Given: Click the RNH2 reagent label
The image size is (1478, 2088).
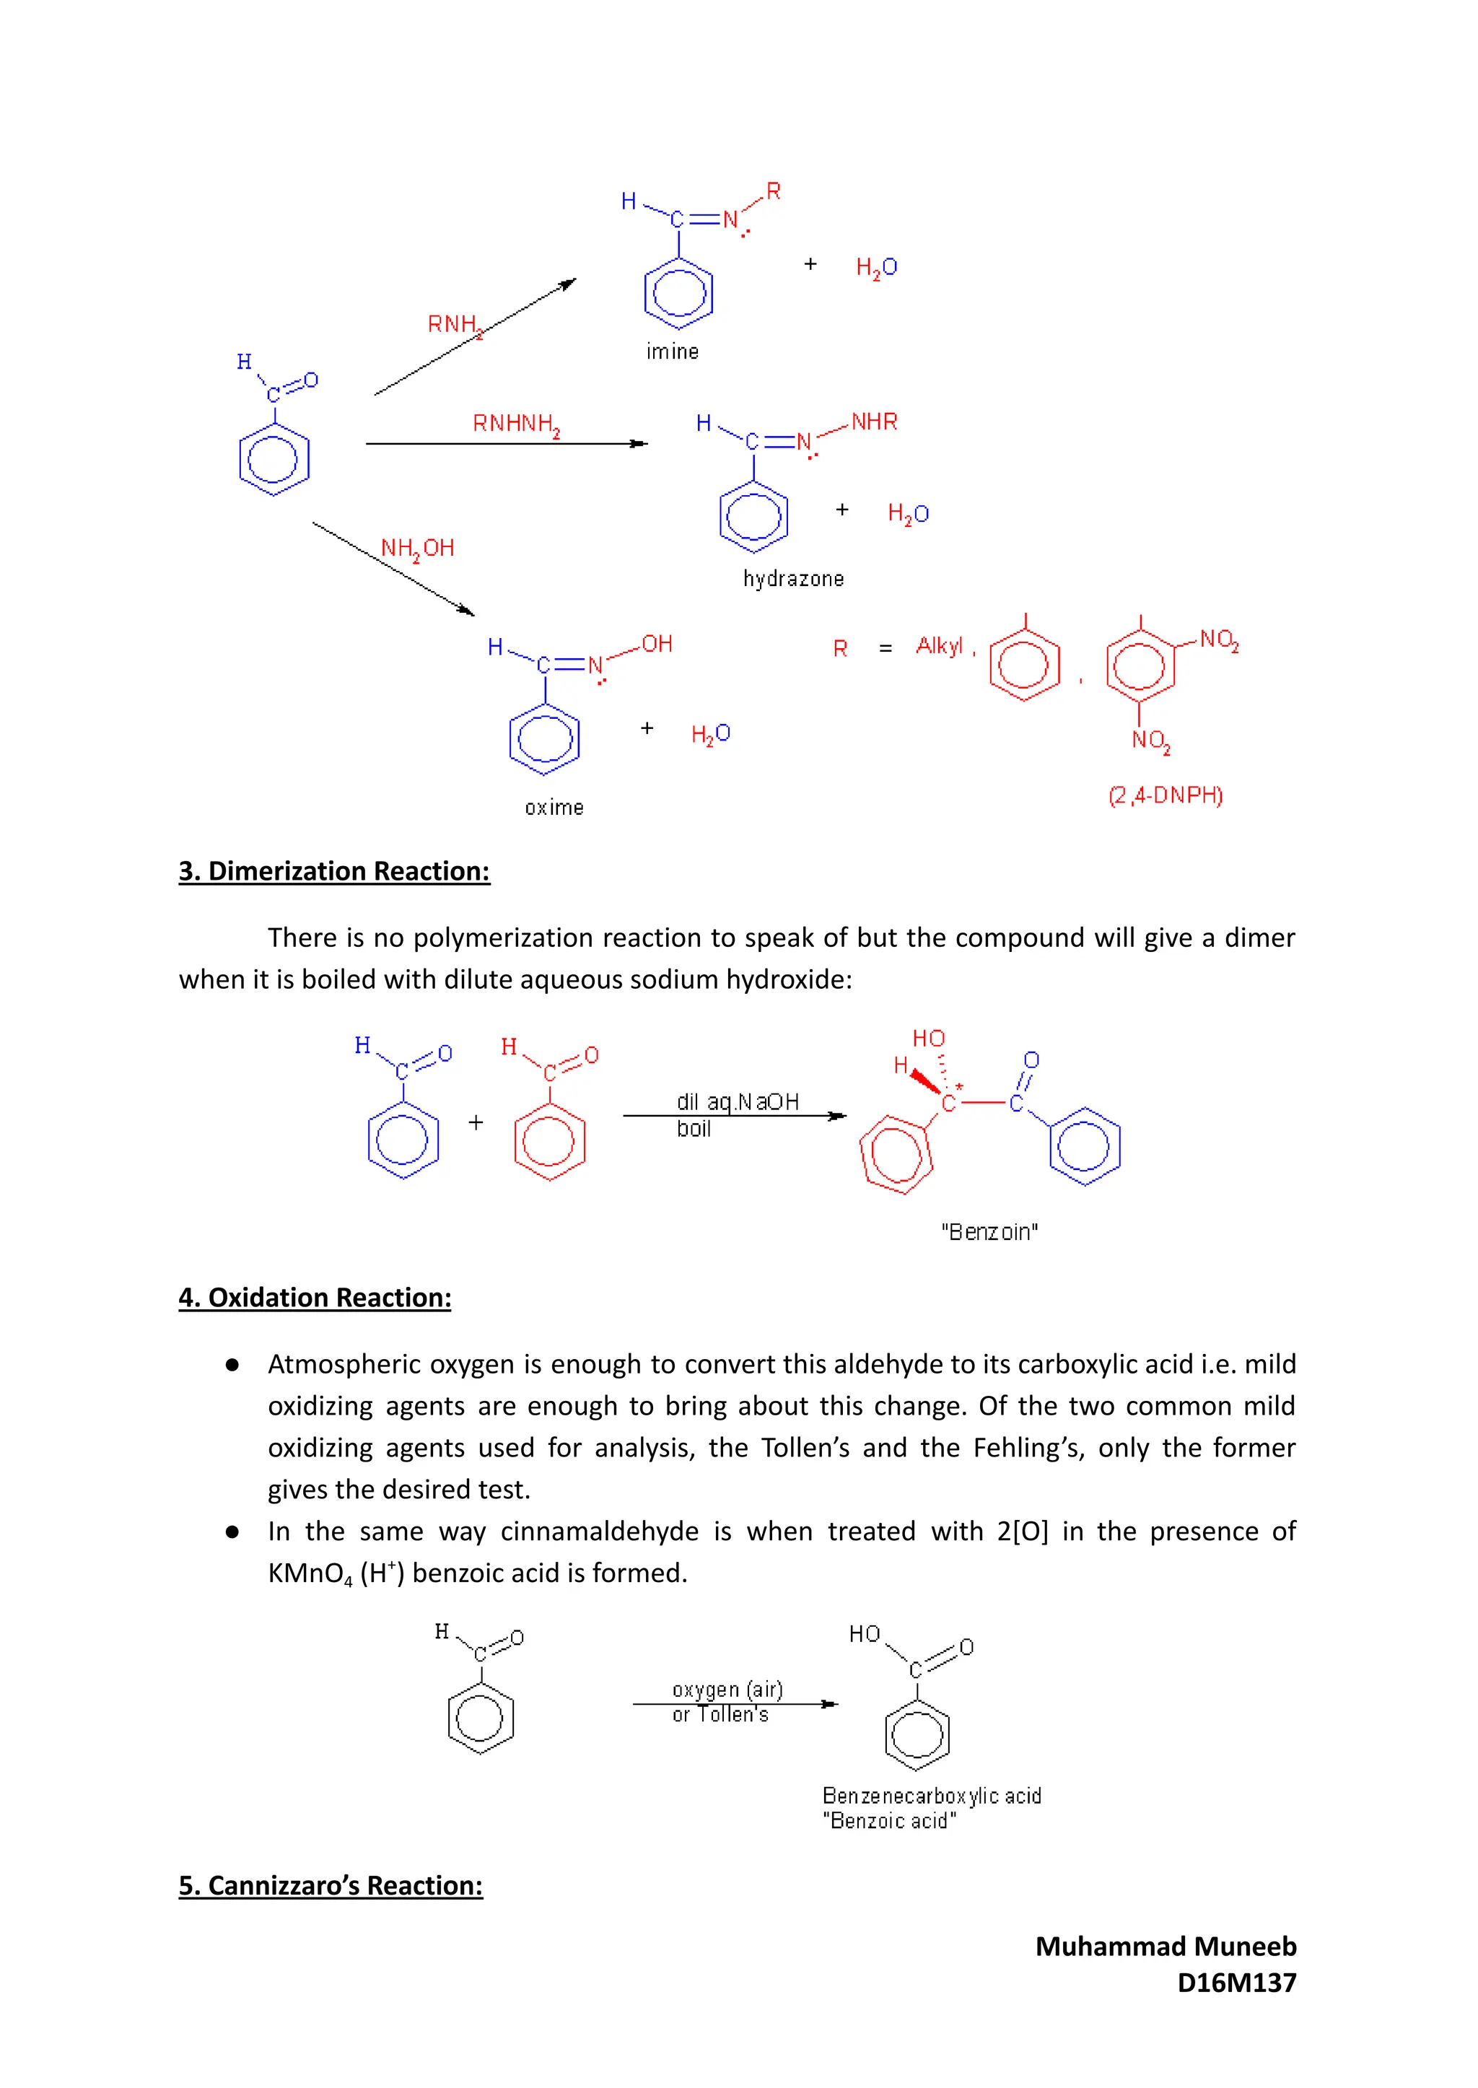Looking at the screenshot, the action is tap(454, 325).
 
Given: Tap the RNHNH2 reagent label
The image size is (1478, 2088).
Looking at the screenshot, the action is tap(516, 424).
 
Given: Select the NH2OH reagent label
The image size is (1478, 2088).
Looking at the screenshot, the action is tap(417, 548).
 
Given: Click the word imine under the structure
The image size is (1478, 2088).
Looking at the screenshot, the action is tap(673, 351).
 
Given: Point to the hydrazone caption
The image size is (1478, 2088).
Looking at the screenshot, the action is tap(794, 579).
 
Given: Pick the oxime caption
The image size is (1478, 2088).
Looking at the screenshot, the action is tap(554, 808).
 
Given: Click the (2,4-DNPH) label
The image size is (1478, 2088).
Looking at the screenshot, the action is tap(1165, 795).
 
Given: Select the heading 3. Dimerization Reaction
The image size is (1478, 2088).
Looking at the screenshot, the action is tap(334, 871).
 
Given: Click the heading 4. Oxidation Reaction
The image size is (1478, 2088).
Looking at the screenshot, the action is tap(315, 1297).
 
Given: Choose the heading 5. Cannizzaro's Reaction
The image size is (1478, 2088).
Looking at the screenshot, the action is tap(331, 1885).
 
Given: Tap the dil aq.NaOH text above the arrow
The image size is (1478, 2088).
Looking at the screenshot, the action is tap(737, 1101).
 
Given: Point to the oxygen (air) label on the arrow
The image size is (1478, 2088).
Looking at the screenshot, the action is tap(727, 1690).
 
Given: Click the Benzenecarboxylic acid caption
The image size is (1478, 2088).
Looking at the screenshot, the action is tap(931, 1796).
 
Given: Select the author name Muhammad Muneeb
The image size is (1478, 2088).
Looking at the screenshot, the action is tap(1165, 1946).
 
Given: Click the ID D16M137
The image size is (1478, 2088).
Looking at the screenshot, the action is tap(1236, 1983).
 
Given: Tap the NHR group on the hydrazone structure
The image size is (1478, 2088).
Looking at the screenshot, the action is tap(874, 421).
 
